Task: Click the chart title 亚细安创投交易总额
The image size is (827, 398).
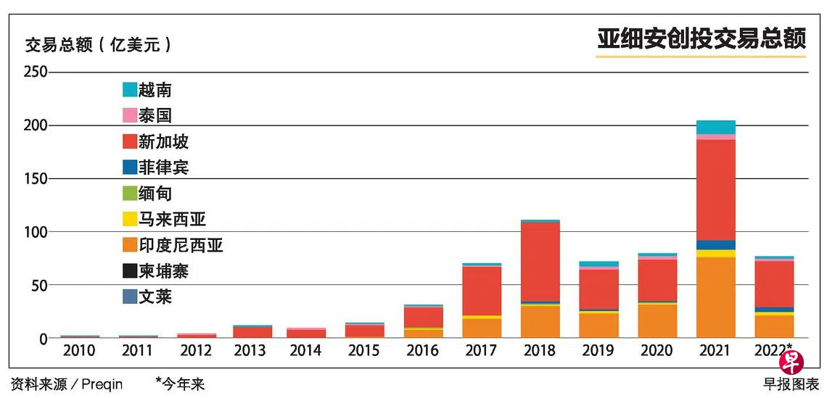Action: point(701,39)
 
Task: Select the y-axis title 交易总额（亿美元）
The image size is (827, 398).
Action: point(99,46)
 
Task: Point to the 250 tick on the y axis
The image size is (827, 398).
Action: point(36,72)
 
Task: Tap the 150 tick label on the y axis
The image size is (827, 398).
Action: point(36,179)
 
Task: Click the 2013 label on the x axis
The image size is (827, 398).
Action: point(251,351)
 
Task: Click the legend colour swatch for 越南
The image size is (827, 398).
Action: point(130,90)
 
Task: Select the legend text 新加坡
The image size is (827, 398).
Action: point(163,142)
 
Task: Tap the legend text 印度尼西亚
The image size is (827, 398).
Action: point(181,246)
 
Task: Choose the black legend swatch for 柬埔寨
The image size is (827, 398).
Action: point(130,271)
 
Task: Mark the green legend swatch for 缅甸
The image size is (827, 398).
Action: point(130,194)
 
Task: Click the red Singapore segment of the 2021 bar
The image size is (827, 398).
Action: point(716,191)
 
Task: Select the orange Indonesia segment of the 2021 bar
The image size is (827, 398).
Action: point(716,297)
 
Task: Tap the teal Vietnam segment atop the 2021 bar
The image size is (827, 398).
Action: point(716,128)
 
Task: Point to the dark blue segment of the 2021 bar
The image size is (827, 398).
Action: point(716,245)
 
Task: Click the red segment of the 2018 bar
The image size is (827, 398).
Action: point(540,262)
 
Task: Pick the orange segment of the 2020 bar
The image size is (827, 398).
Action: point(657,321)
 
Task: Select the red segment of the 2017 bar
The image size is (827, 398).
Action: point(482,291)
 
